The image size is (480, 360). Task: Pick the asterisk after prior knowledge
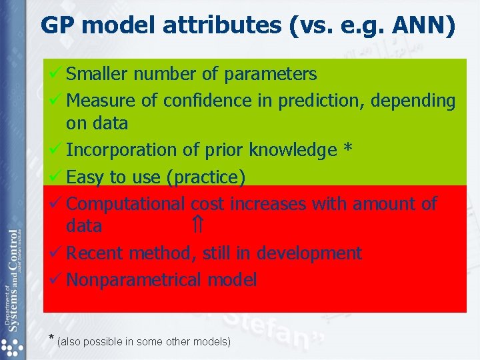tap(347, 150)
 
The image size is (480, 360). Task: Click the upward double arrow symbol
tap(198, 226)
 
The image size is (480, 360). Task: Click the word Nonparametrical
tap(134, 280)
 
